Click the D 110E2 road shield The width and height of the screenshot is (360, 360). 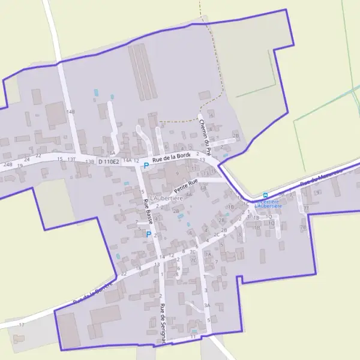point(109,161)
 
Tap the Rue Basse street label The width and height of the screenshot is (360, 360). point(147,212)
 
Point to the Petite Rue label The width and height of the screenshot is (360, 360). point(185,184)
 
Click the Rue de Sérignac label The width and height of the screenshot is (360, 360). point(163,323)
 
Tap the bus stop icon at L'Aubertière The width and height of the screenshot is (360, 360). point(265,195)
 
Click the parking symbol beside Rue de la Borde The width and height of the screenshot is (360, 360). point(146,165)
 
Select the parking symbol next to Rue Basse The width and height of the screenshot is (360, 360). point(149,235)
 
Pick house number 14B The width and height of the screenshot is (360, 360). point(71,112)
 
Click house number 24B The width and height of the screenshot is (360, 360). point(7,164)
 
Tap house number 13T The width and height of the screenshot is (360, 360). point(72,160)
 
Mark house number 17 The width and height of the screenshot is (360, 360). point(22,325)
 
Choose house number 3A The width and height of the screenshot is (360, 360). point(206,305)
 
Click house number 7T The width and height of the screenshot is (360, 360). point(306,208)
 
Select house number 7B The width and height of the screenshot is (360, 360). point(303,227)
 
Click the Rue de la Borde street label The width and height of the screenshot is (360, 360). point(171,158)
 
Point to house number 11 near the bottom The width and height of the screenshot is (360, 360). point(193,337)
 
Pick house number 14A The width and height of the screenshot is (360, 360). point(127,161)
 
